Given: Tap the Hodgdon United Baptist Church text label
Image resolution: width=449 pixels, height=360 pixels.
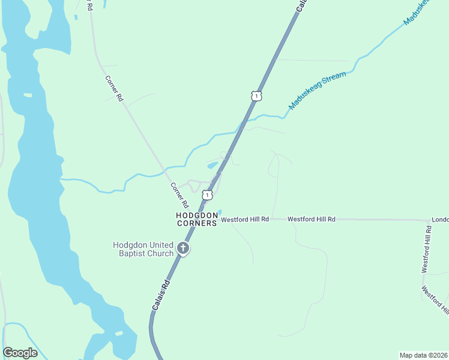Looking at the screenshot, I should [143, 249].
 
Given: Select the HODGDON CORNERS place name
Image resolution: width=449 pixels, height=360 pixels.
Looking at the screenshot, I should [196, 219].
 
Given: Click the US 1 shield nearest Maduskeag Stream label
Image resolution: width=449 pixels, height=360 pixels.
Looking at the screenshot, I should [256, 96].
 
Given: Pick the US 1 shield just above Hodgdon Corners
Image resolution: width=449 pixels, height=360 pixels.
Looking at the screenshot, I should [207, 195].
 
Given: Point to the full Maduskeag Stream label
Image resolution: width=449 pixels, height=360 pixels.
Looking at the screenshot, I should [318, 91].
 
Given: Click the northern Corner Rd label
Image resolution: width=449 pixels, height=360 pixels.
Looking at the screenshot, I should [113, 88].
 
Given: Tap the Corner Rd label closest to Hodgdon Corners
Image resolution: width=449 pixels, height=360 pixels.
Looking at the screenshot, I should [179, 195].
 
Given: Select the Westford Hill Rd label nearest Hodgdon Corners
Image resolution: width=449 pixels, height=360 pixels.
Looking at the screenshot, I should [245, 220].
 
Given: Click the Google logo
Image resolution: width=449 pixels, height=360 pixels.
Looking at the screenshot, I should [20, 353].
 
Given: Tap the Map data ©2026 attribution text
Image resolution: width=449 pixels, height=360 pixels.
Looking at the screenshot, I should [423, 355].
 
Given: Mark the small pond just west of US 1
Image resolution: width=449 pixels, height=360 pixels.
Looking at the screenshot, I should [212, 165].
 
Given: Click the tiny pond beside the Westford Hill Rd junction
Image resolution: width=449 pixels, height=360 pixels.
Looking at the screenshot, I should [220, 212].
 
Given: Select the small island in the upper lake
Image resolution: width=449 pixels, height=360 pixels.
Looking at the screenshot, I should [28, 95].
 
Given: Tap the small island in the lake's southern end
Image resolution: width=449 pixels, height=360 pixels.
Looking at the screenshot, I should [118, 333].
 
